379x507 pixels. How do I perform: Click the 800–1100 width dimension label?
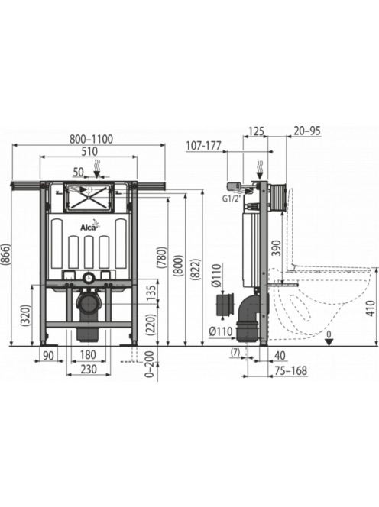pos(92,139)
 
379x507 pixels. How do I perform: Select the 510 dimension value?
pos(89,151)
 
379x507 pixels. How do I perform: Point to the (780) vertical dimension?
pos(162,258)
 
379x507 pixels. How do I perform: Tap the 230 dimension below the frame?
pos(89,369)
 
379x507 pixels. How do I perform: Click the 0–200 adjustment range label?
pos(151,365)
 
